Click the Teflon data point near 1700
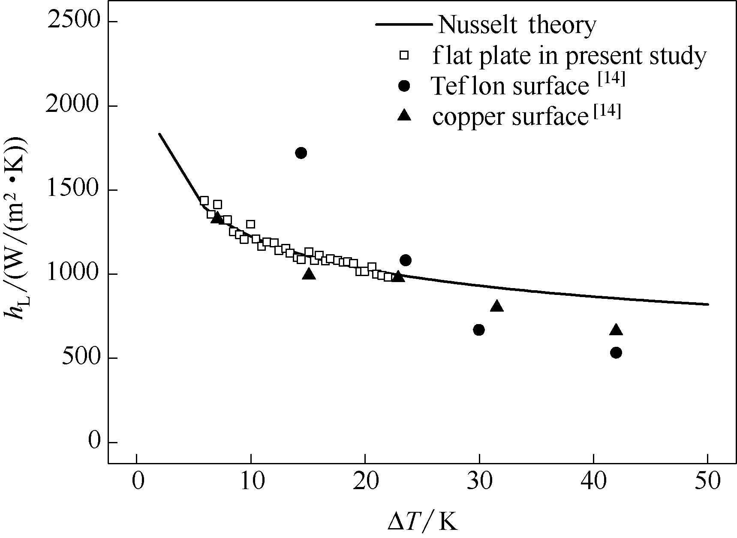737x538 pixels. point(301,153)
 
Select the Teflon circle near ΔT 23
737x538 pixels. point(406,260)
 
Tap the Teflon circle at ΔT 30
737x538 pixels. point(479,330)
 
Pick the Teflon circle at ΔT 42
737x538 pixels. point(616,353)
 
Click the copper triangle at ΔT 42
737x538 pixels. point(616,329)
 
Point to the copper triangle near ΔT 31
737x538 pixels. point(496,306)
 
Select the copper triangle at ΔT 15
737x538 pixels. point(309,274)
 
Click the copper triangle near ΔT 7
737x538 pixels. point(217,217)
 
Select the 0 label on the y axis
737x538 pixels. point(94,442)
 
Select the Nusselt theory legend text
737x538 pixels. point(517,25)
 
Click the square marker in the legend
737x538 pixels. point(404,55)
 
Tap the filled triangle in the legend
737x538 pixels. point(404,116)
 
